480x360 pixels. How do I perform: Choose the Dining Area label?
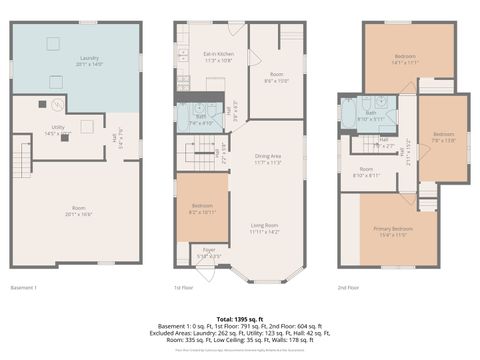pos(267,157)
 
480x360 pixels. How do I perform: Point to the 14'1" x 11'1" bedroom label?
pos(404,58)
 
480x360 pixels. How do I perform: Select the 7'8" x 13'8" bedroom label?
pos(444,135)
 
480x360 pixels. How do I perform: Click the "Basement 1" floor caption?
pos(23,288)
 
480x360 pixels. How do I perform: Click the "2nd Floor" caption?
pos(349,288)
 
